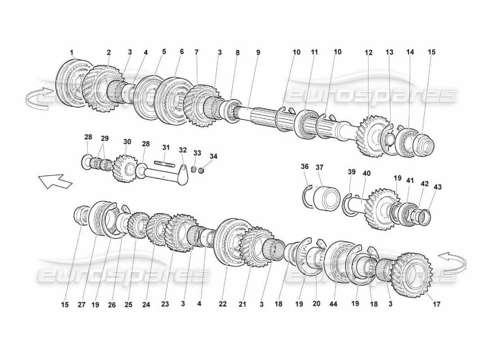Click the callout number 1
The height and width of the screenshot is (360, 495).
pos(72,53)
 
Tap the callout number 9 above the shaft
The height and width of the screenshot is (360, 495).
pos(258,52)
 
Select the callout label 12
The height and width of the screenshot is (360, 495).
pos(369,53)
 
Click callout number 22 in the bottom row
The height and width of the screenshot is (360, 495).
pos(222,304)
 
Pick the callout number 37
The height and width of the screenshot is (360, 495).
pos(319,167)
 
